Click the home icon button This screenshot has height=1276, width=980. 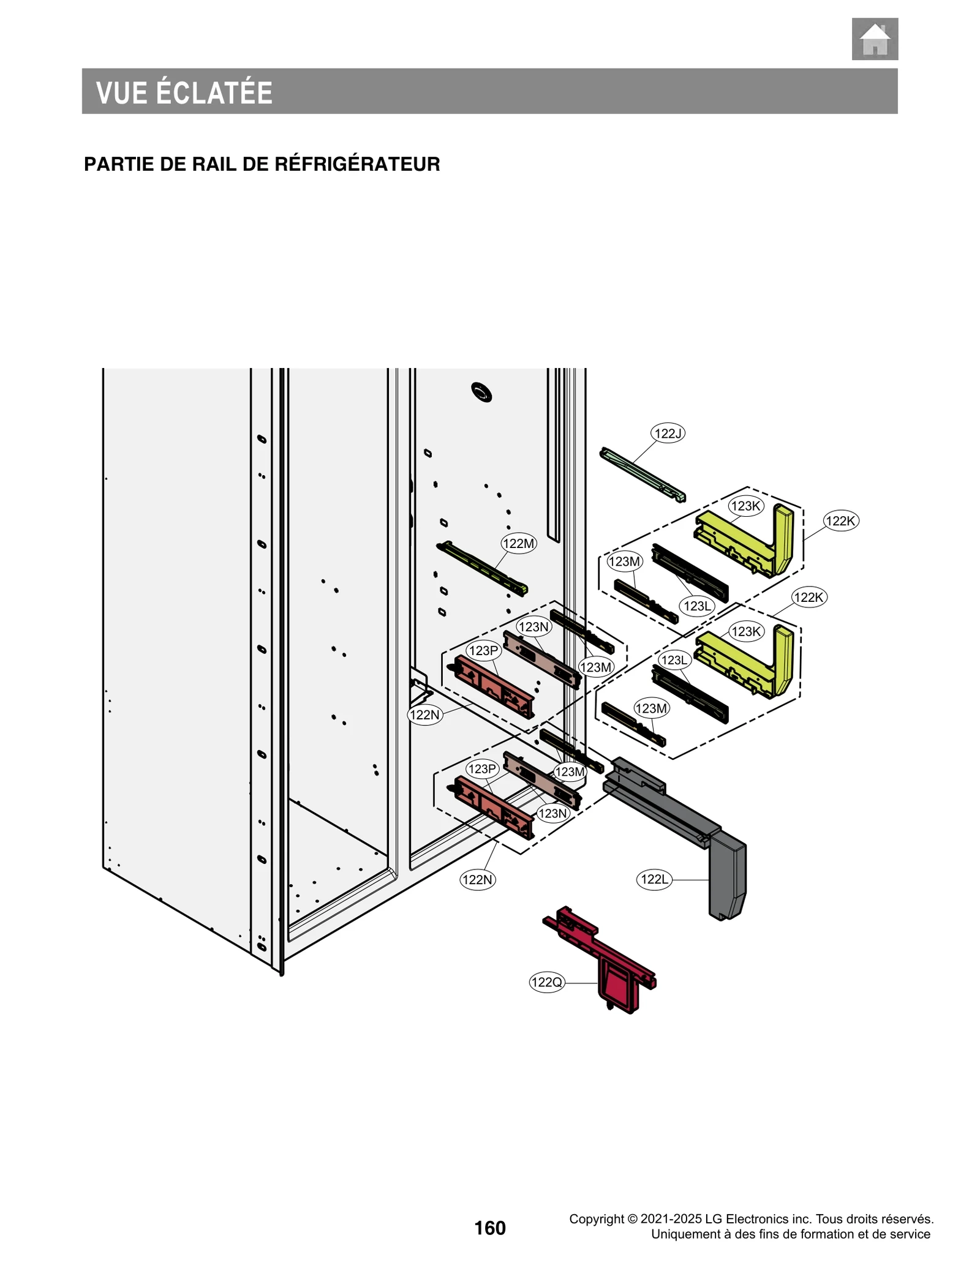click(874, 39)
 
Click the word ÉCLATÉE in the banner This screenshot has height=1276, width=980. click(214, 92)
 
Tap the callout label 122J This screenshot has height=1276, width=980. click(667, 433)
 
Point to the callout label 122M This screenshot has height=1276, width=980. click(518, 543)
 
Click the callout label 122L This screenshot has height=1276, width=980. click(654, 880)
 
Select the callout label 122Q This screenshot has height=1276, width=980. click(546, 983)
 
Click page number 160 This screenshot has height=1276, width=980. click(490, 1228)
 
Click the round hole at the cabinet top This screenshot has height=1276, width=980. click(481, 392)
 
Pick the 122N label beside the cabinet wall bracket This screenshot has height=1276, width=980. click(424, 715)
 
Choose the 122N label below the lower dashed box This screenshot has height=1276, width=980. click(477, 880)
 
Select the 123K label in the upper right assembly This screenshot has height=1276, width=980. click(745, 506)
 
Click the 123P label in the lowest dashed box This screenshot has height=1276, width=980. click(481, 769)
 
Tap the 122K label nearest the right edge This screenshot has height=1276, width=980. click(840, 521)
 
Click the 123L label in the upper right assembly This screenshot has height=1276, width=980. click(696, 606)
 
